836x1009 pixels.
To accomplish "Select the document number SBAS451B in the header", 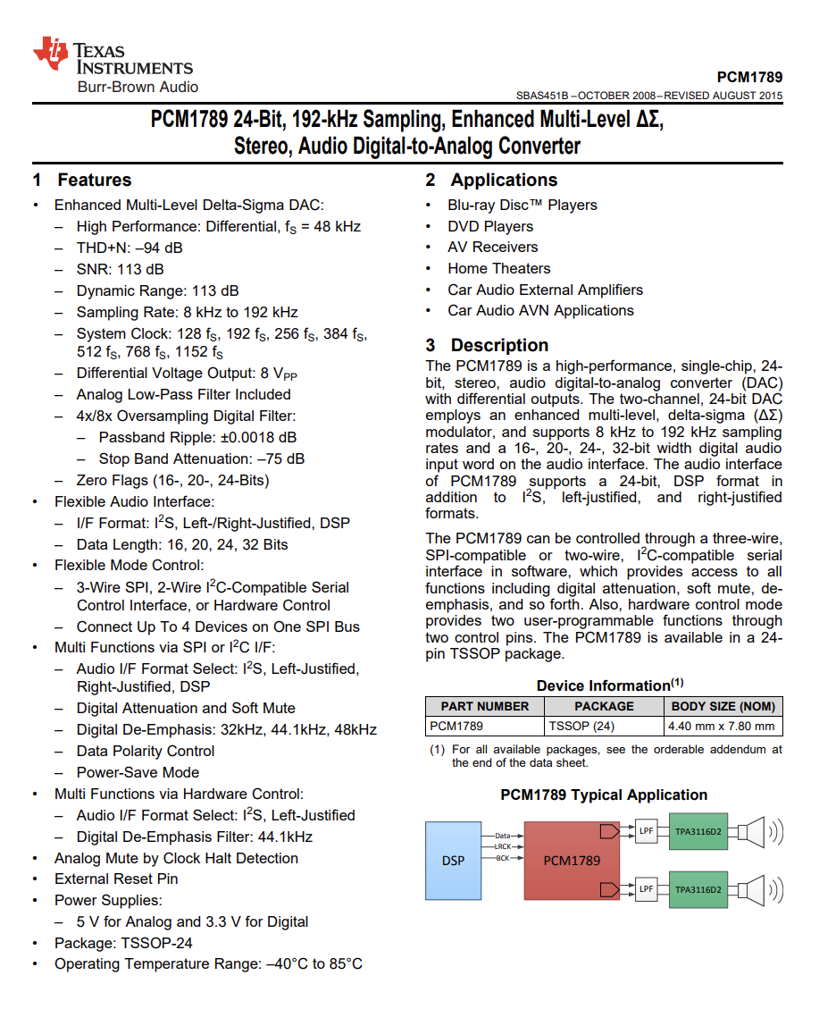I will pyautogui.click(x=542, y=96).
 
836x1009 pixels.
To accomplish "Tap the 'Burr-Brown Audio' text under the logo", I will pyautogui.click(x=138, y=87).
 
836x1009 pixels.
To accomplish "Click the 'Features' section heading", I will pyautogui.click(x=94, y=180).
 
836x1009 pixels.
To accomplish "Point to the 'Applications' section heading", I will pyautogui.click(x=504, y=180).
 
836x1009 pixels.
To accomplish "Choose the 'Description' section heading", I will pyautogui.click(x=499, y=345).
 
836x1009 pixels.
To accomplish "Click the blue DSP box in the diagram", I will pyautogui.click(x=453, y=861).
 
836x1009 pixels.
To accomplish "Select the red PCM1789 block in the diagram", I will pyautogui.click(x=572, y=861).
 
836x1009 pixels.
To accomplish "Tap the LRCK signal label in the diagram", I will pyautogui.click(x=502, y=846).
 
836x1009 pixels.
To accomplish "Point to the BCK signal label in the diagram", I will pyautogui.click(x=503, y=858).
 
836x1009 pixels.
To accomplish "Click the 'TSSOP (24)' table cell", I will pyautogui.click(x=581, y=726).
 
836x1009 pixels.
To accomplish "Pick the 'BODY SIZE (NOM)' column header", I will pyautogui.click(x=723, y=706).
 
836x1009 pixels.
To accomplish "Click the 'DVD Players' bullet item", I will pyautogui.click(x=490, y=226).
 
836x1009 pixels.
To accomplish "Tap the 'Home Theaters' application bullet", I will pyautogui.click(x=498, y=268).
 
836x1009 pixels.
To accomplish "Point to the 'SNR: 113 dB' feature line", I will pyautogui.click(x=120, y=269).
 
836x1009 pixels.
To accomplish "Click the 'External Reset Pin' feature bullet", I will pyautogui.click(x=116, y=879).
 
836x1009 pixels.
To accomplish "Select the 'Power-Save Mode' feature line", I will pyautogui.click(x=138, y=772).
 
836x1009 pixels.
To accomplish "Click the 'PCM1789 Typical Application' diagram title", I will pyautogui.click(x=604, y=795).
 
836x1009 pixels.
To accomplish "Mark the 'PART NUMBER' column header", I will pyautogui.click(x=485, y=706).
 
